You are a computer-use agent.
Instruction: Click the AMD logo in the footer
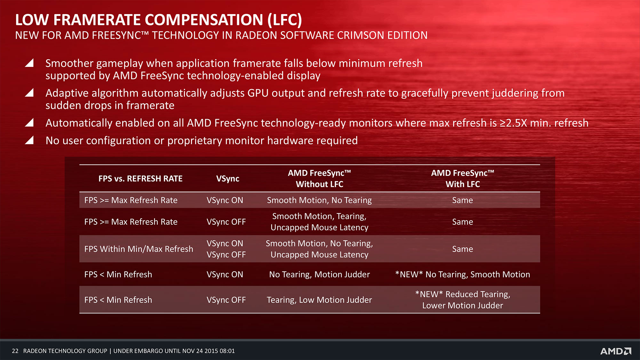click(616, 351)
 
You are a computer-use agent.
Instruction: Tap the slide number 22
click(15, 351)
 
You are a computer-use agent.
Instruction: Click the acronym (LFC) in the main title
click(285, 20)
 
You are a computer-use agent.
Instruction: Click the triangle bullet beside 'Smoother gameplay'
click(29, 63)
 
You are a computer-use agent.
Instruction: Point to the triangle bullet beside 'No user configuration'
click(29, 140)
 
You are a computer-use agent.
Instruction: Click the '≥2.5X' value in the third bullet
click(514, 123)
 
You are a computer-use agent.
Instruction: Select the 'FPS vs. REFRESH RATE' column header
click(140, 179)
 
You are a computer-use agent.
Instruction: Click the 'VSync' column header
click(228, 179)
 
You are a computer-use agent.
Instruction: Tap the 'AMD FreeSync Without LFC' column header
click(319, 179)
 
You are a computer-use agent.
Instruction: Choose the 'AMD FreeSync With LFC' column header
click(463, 179)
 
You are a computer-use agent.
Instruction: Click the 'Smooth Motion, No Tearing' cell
click(319, 200)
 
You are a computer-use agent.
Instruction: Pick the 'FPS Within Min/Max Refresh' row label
click(139, 249)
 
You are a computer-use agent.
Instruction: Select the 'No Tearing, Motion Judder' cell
click(319, 275)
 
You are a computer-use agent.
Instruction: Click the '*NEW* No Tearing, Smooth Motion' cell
click(463, 275)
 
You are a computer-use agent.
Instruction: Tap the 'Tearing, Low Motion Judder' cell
click(319, 300)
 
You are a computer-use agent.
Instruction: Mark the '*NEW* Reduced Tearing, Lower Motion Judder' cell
click(463, 300)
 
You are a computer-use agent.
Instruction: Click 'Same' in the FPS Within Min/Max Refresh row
click(463, 249)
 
